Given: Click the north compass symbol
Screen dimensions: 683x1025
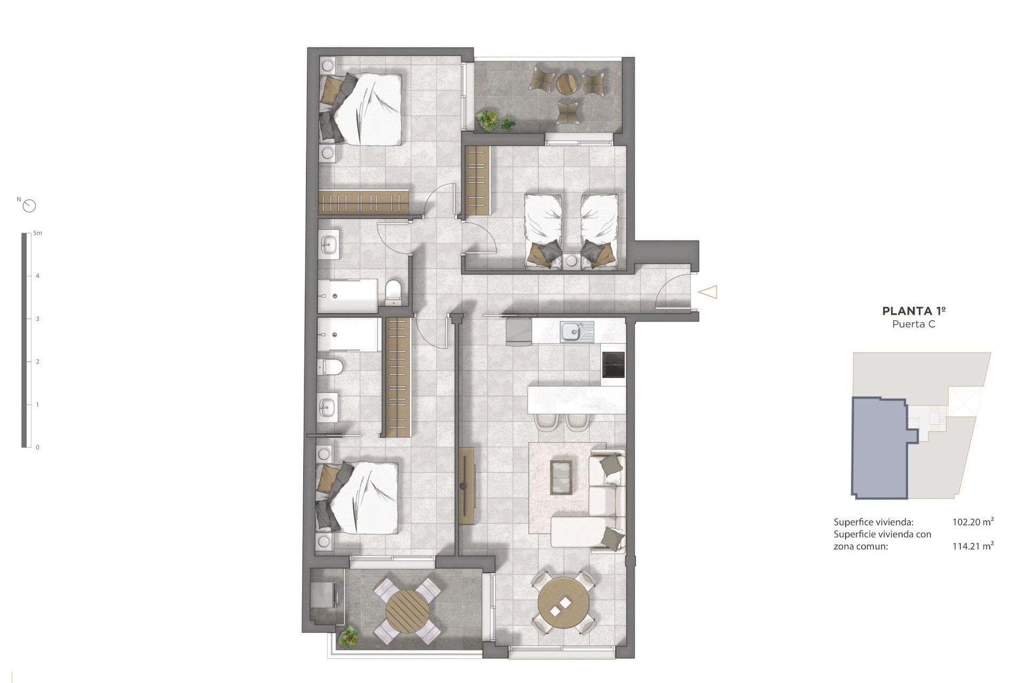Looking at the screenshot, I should coord(29,205).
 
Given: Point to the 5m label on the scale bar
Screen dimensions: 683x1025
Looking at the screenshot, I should coord(37,233).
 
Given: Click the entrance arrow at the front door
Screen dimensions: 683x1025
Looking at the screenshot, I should coord(708,292).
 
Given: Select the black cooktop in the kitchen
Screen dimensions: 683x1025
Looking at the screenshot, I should coord(613,364).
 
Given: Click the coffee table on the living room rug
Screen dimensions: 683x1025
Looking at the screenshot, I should coord(561,477).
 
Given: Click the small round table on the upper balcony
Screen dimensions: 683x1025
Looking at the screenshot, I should coord(567,84).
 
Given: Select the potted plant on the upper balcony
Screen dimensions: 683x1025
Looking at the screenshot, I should coord(487,120).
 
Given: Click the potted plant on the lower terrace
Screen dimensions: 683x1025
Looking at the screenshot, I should coord(349,635).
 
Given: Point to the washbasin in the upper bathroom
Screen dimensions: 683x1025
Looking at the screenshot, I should coord(328,246).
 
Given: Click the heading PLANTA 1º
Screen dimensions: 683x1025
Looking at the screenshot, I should coord(914,311).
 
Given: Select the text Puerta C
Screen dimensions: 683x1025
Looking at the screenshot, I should coord(914,324).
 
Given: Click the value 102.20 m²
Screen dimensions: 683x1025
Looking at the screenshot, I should coord(973,522).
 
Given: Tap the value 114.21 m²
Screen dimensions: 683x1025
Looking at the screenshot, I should coord(973,545).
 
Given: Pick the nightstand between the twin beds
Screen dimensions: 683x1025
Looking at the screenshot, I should coord(571,261).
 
